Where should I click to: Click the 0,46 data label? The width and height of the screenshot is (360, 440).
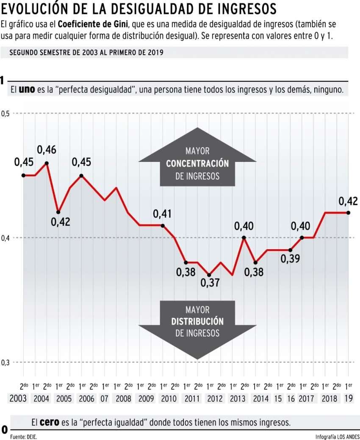click(x=47, y=150)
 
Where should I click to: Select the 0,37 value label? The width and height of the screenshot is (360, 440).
click(x=210, y=282)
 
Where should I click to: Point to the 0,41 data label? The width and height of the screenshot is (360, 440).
click(x=162, y=214)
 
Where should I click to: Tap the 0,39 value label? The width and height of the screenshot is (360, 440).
click(x=291, y=259)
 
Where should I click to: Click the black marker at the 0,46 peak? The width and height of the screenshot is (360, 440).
click(x=46, y=163)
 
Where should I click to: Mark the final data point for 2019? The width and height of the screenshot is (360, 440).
click(x=348, y=212)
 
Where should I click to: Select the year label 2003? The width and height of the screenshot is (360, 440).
click(x=17, y=399)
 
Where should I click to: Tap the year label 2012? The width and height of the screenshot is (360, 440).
click(x=215, y=399)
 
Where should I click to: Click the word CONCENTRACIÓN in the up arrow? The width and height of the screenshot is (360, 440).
click(x=197, y=164)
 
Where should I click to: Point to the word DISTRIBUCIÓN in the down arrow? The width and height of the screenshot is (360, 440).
click(x=197, y=321)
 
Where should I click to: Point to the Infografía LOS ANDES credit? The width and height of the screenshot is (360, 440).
click(x=337, y=436)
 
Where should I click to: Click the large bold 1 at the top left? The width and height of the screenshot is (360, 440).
click(x=3, y=81)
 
